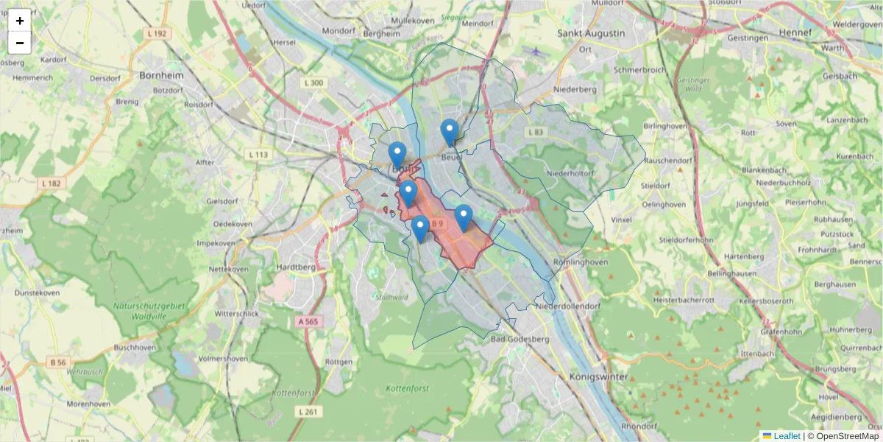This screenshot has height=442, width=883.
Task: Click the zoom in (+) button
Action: click(20, 21)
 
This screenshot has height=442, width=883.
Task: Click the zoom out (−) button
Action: click(20, 43)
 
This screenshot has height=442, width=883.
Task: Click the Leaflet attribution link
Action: click(787, 435)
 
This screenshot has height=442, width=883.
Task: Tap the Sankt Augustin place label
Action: click(591, 33)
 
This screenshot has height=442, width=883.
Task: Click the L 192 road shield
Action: click(157, 33)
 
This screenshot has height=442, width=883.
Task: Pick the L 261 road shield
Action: click(308, 411)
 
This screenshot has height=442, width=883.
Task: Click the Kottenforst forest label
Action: click(407, 387)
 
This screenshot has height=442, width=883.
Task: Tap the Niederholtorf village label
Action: click(571, 173)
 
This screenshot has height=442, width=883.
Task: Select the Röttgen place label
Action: click(338, 362)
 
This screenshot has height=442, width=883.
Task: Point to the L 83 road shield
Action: click(535, 131)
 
